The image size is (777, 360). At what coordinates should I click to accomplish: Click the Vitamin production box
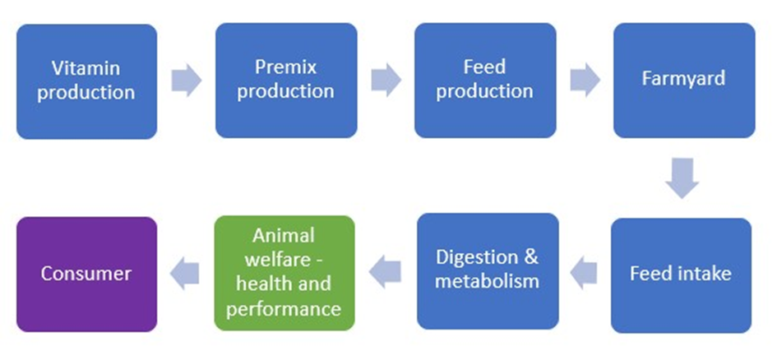(86, 81)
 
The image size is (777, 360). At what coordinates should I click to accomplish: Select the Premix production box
(286, 81)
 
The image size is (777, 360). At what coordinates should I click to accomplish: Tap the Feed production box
(485, 81)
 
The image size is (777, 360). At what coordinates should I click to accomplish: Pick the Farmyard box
(684, 81)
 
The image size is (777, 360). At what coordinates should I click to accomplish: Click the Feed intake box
(682, 275)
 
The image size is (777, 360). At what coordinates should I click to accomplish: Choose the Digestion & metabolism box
(488, 271)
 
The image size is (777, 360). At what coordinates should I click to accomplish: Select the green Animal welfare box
(284, 273)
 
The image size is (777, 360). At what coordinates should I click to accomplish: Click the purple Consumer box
(86, 275)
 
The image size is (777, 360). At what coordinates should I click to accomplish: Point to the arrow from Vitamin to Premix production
(187, 80)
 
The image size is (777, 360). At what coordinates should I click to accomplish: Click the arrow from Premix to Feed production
(386, 80)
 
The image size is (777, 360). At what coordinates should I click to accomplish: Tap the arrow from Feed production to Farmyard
(585, 80)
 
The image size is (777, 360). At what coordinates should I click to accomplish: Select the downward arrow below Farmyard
(682, 178)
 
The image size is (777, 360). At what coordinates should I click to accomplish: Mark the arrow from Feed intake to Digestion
(584, 273)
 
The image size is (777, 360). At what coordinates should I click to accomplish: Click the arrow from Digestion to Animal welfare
(385, 272)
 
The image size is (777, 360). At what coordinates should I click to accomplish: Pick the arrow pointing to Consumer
(184, 273)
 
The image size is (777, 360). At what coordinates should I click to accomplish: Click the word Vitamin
(86, 68)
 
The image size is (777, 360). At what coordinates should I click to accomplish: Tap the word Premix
(285, 67)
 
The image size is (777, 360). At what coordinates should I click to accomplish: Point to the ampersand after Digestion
(530, 257)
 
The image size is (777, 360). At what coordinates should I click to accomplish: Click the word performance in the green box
(284, 310)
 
